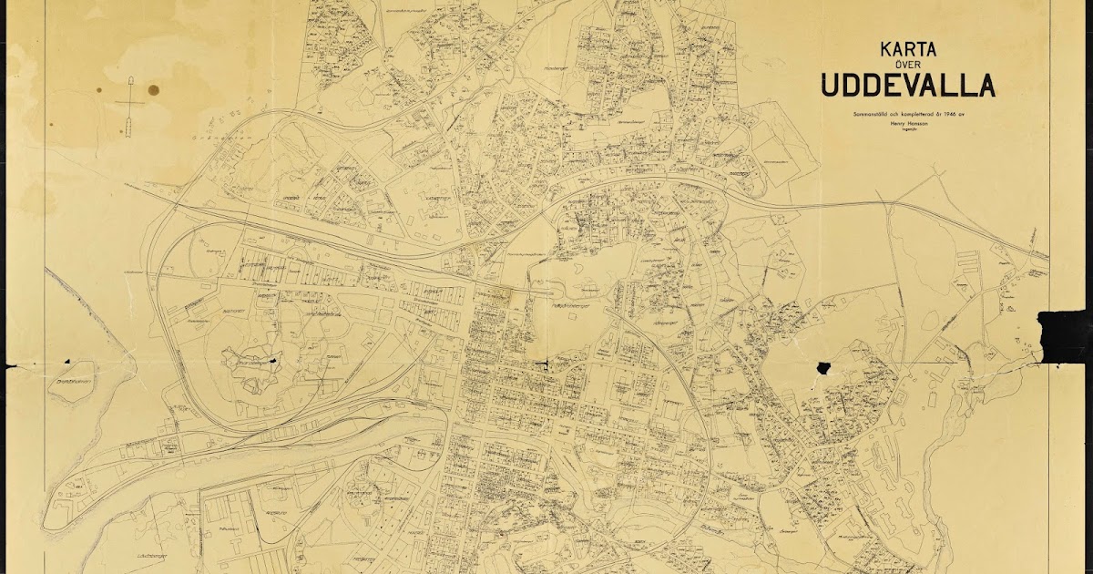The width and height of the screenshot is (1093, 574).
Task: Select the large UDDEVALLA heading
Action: (908, 85)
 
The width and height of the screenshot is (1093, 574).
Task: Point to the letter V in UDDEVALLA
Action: (920, 85)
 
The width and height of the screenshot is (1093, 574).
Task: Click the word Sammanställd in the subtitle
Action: (869, 113)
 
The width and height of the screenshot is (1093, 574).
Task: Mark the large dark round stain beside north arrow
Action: (153, 90)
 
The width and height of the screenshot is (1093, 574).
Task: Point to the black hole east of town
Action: (824, 368)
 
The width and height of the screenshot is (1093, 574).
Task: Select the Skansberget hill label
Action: (257, 361)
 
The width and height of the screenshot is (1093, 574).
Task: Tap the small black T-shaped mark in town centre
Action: (545, 364)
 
